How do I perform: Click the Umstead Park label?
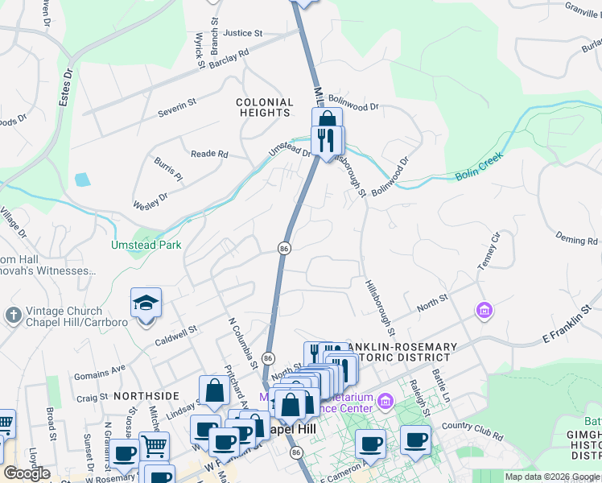pos(146,245)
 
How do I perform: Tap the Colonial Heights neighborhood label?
pos(264,108)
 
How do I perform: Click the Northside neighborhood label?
pos(146,396)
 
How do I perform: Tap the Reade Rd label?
pos(209,154)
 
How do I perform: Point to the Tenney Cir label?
pos(491,250)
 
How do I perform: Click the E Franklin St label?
pos(571,331)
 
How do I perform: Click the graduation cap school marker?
pos(146,304)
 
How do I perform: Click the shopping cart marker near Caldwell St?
pos(154,444)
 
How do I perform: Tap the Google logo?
pos(27,473)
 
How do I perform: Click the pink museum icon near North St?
pos(484,310)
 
